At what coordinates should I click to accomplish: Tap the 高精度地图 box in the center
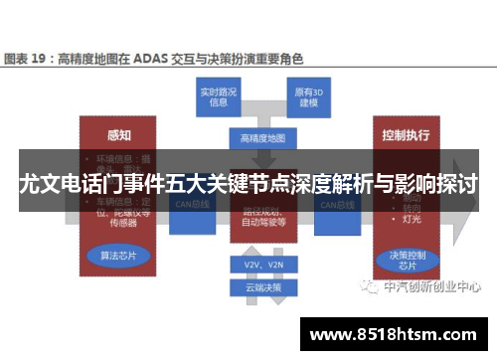coord(262,136)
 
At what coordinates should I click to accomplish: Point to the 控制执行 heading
coord(406,133)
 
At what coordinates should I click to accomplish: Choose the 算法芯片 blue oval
coord(118,255)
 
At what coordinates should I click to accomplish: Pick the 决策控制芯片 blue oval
coord(403,260)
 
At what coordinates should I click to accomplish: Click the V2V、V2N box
coord(262,266)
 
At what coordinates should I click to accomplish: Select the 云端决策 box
coord(262,287)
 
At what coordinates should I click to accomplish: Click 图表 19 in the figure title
coord(28,59)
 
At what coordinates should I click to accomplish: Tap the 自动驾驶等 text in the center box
coord(262,224)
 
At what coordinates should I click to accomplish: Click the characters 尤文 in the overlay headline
coord(40,184)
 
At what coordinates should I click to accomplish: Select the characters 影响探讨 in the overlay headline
coord(431,184)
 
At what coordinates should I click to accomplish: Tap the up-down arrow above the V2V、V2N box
coord(262,246)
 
